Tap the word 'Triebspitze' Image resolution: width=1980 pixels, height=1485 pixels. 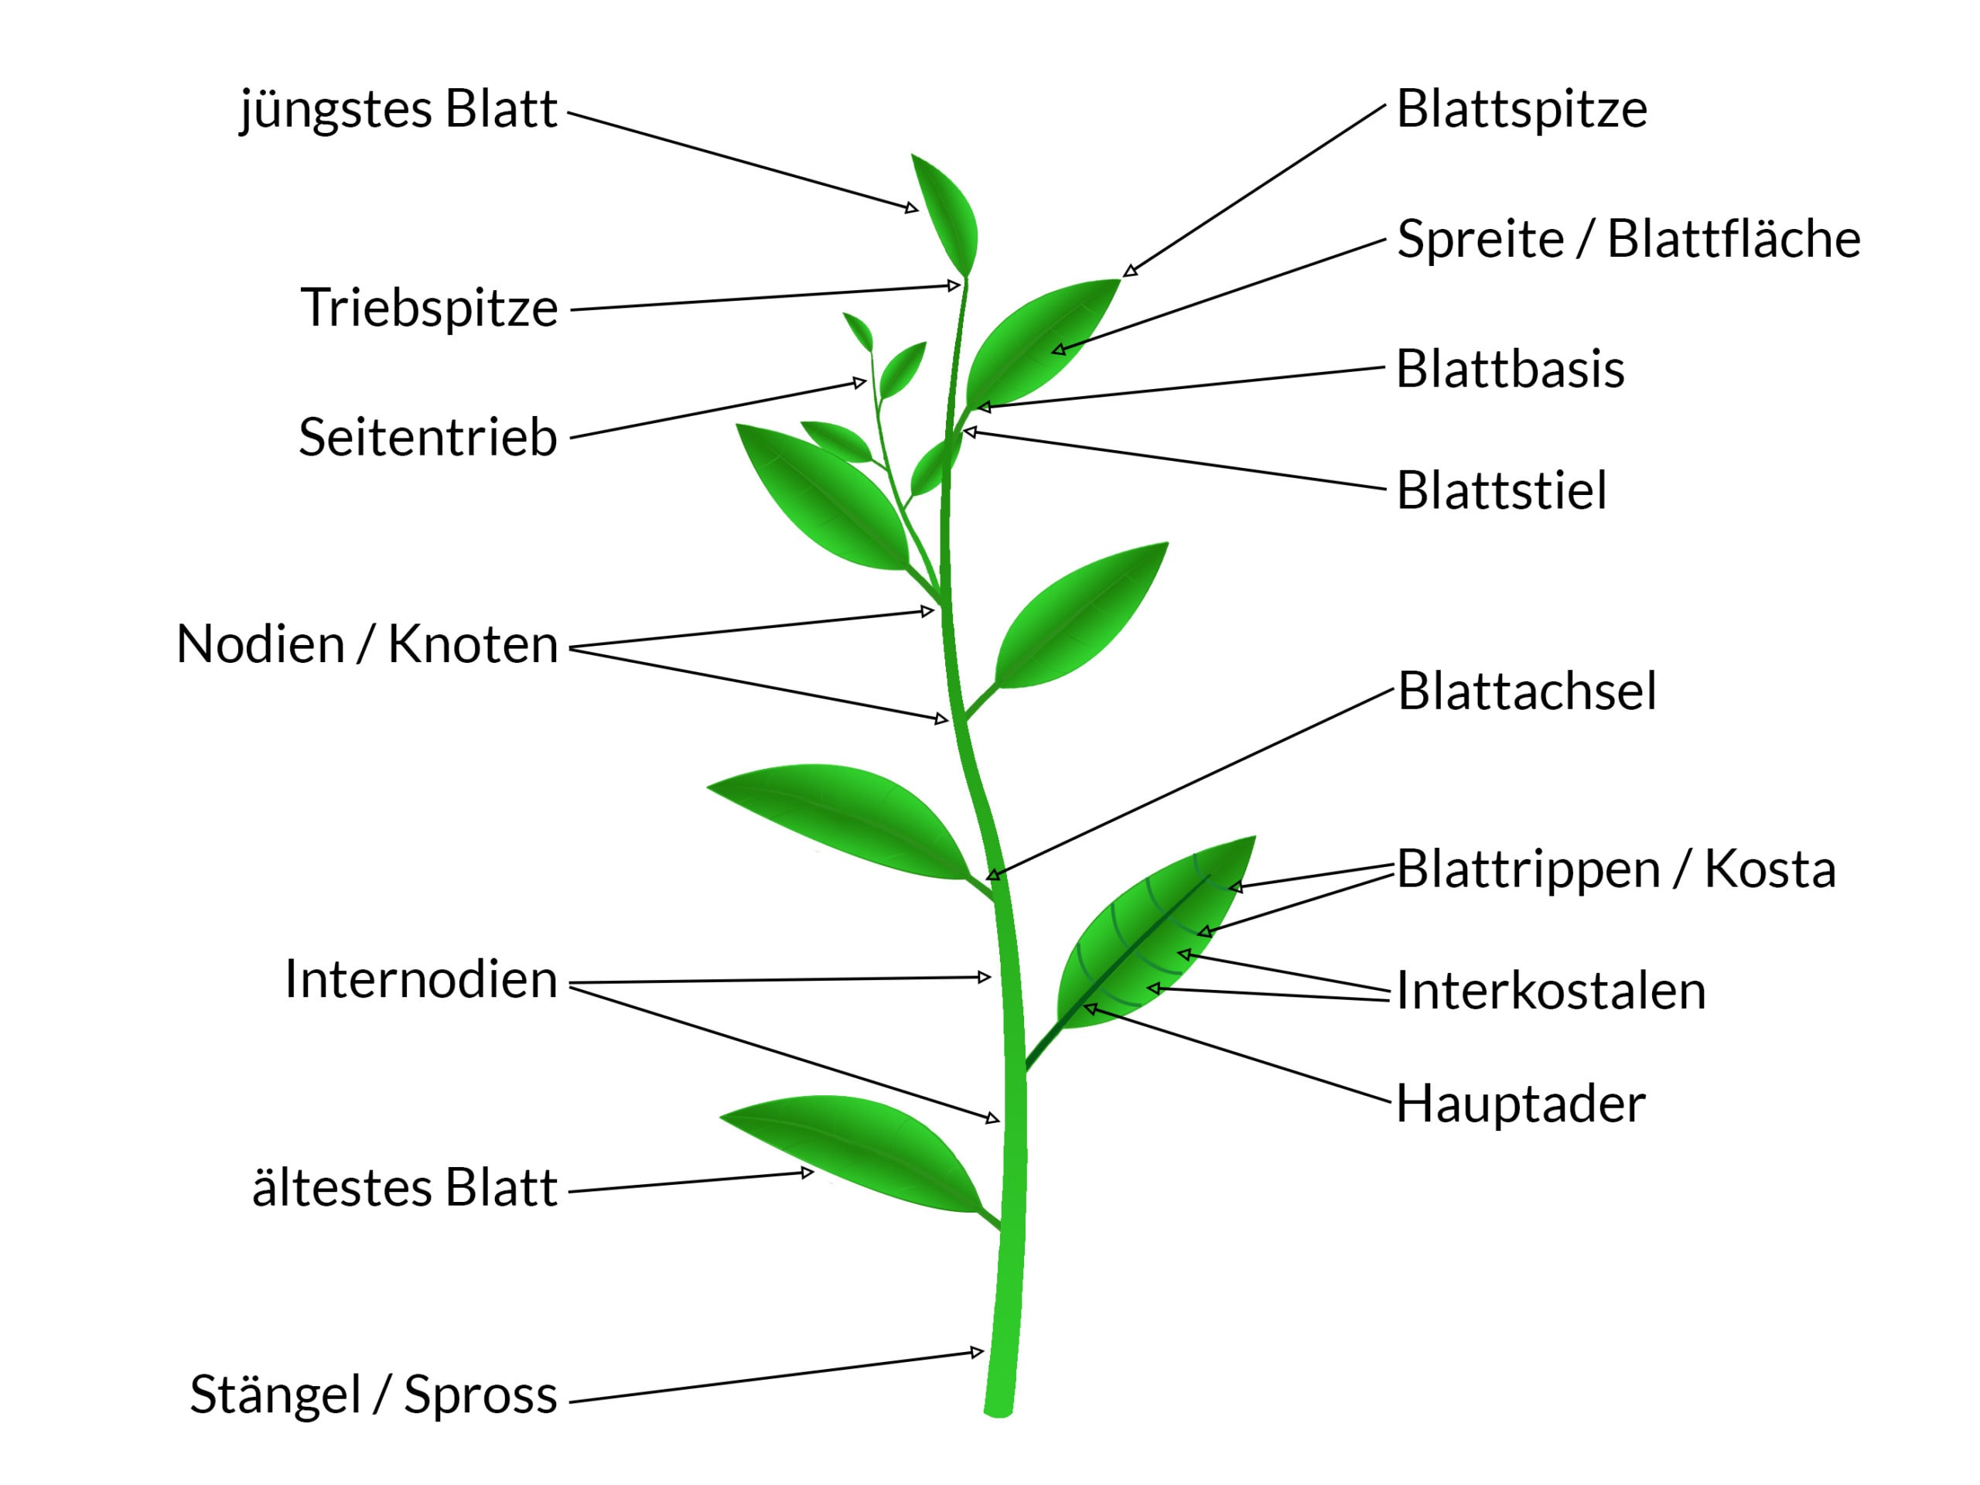(x=428, y=308)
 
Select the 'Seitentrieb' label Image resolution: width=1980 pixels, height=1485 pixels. (x=427, y=438)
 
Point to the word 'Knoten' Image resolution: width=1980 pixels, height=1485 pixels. (x=473, y=644)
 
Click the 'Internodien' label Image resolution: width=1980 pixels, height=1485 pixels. (x=421, y=979)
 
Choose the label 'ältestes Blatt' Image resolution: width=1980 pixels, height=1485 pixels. (x=405, y=1189)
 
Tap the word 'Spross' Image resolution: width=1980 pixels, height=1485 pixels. (x=480, y=1395)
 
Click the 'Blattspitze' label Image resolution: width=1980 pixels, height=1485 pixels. (x=1521, y=109)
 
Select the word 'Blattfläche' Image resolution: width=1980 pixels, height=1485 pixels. (x=1733, y=239)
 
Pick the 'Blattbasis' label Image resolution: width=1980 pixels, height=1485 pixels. (x=1509, y=369)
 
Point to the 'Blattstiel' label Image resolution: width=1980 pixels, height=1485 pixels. (x=1501, y=490)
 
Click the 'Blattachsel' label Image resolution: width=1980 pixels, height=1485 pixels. (x=1526, y=691)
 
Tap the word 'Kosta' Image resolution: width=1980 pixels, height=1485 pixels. (x=1769, y=869)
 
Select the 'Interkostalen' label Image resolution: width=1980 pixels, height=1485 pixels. (x=1550, y=991)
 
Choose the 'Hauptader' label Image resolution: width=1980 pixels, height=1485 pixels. (x=1520, y=1104)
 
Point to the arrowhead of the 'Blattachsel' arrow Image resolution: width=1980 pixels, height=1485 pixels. (x=992, y=875)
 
